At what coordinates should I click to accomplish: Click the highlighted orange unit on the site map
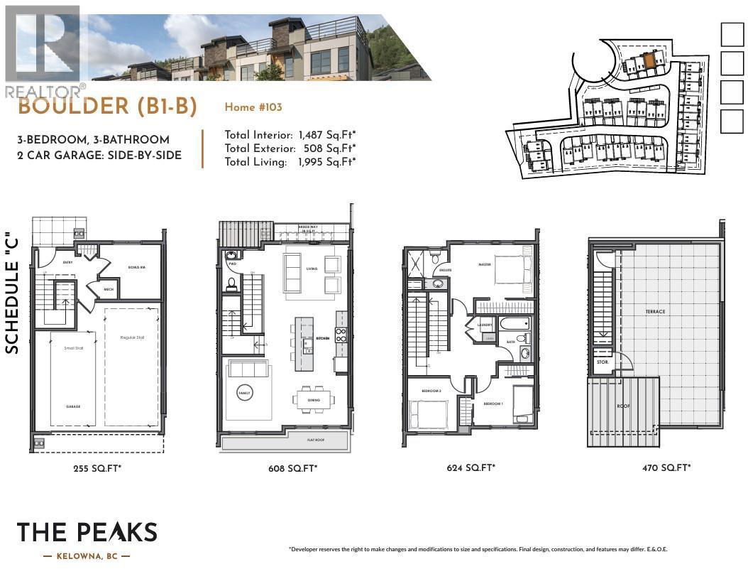tap(649, 61)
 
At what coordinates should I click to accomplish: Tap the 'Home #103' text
tap(253, 107)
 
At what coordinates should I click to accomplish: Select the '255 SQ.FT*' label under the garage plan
tap(97, 468)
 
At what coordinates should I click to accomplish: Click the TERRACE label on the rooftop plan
tap(655, 311)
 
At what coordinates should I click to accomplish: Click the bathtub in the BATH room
tap(513, 324)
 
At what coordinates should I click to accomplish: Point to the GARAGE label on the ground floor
tap(73, 406)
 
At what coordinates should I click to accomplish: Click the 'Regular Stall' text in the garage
tap(132, 337)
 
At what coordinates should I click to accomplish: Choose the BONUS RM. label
tap(137, 267)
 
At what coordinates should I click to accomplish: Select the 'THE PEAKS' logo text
tap(87, 532)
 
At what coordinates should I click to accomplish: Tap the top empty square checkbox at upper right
tap(732, 35)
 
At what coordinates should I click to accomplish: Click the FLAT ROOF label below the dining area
tap(316, 440)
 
